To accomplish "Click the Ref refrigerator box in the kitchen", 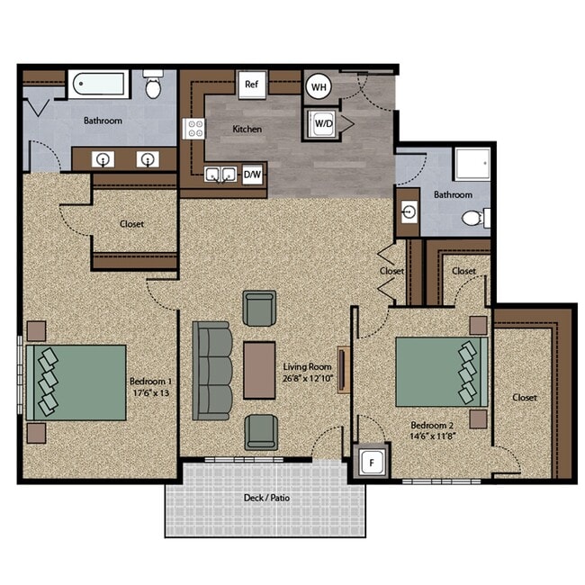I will (251, 85).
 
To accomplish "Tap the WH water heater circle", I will (318, 86).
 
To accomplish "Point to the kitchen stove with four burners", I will (195, 129).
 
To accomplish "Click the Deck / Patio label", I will (267, 498).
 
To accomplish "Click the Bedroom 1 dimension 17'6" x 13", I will (150, 391).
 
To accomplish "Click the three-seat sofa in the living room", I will (213, 371).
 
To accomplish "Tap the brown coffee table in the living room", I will (260, 370).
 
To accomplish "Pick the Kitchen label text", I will (247, 130).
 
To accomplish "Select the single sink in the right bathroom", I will (409, 212).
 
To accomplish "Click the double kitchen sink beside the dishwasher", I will (220, 174).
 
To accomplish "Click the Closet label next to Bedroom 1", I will (131, 224).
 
